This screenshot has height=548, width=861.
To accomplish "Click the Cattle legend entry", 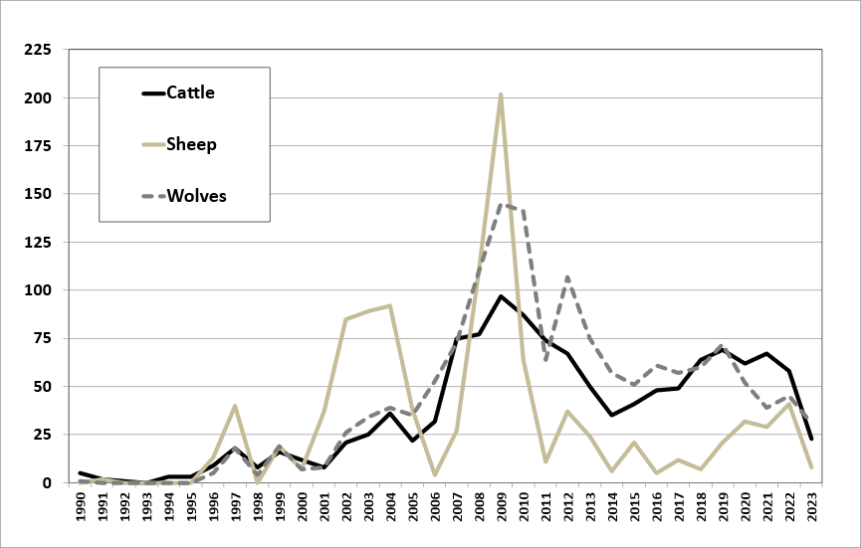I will (190, 92).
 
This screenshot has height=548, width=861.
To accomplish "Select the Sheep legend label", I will (191, 144).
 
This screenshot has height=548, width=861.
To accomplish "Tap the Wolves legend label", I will (196, 195).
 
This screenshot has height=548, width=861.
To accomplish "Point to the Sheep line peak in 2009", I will (501, 94).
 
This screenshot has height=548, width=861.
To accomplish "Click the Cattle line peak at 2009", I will (501, 296).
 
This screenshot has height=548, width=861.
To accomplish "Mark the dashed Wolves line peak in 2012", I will (567, 277).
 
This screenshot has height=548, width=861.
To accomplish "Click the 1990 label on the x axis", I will (81, 509).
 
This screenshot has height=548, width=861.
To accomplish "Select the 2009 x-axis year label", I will (501, 509).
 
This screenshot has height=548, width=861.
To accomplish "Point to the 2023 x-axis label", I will (811, 509).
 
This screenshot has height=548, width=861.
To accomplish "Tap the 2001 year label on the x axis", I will (324, 509).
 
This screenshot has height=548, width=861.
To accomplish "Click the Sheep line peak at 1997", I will (235, 406).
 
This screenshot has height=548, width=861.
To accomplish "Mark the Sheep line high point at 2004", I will (390, 305).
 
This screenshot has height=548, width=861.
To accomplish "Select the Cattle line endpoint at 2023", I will (811, 439).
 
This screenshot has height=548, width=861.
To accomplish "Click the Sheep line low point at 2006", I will (435, 474).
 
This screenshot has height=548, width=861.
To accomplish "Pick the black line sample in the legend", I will (153, 93).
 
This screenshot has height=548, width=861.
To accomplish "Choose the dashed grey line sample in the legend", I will (153, 196).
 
